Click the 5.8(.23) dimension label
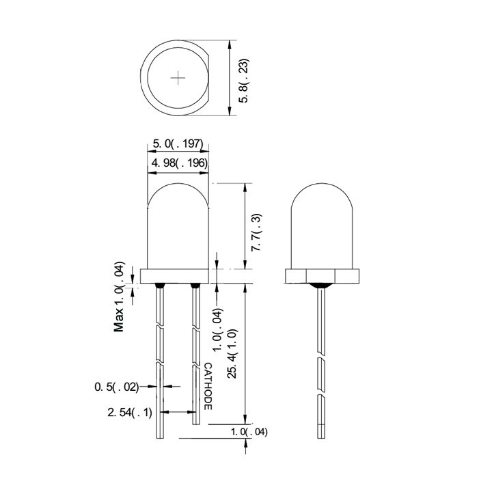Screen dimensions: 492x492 click(x=244, y=81)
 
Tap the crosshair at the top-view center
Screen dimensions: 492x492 click(x=178, y=78)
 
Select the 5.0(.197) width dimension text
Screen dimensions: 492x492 click(x=178, y=143)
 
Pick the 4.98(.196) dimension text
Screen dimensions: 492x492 click(x=180, y=163)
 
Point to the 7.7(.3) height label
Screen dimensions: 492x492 click(x=256, y=232)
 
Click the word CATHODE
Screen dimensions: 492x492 click(x=208, y=386)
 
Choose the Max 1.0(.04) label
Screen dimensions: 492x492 click(x=119, y=297)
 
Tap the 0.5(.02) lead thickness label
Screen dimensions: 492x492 click(x=116, y=387)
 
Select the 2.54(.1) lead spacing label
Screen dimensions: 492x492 click(x=130, y=412)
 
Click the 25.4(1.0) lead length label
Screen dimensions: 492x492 click(x=232, y=354)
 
